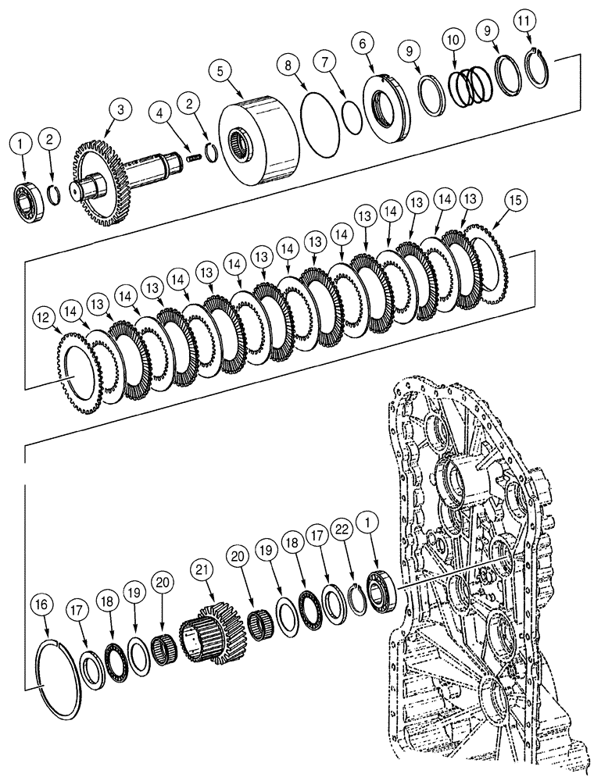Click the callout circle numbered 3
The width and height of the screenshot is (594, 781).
120,110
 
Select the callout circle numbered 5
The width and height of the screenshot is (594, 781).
221,71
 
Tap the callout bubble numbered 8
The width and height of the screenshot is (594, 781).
288,67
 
